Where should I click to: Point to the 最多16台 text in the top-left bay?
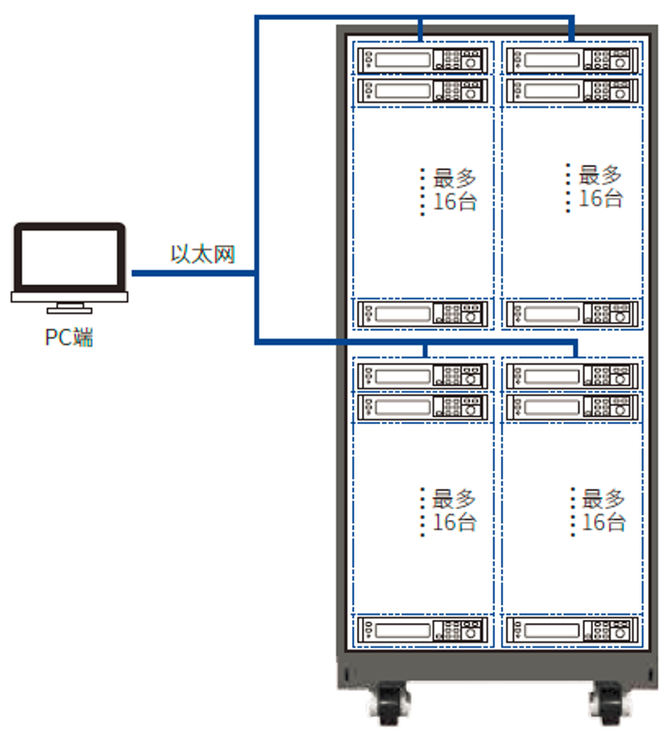pos(454,190)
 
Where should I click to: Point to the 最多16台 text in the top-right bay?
pos(601,187)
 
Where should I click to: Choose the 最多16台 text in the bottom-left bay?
pos(454,511)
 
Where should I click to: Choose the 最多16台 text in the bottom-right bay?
pos(604,511)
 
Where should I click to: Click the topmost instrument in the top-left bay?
pos(422,60)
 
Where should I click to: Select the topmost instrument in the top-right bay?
pos(572,60)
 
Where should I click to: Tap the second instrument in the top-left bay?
pos(422,91)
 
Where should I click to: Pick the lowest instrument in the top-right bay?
pos(572,314)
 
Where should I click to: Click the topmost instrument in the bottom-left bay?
pos(422,376)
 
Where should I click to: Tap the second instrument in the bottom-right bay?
pos(572,407)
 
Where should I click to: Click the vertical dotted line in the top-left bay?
pos(423,191)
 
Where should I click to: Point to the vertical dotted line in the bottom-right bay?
pos(573,511)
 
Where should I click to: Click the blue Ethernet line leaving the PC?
pos(191,272)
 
